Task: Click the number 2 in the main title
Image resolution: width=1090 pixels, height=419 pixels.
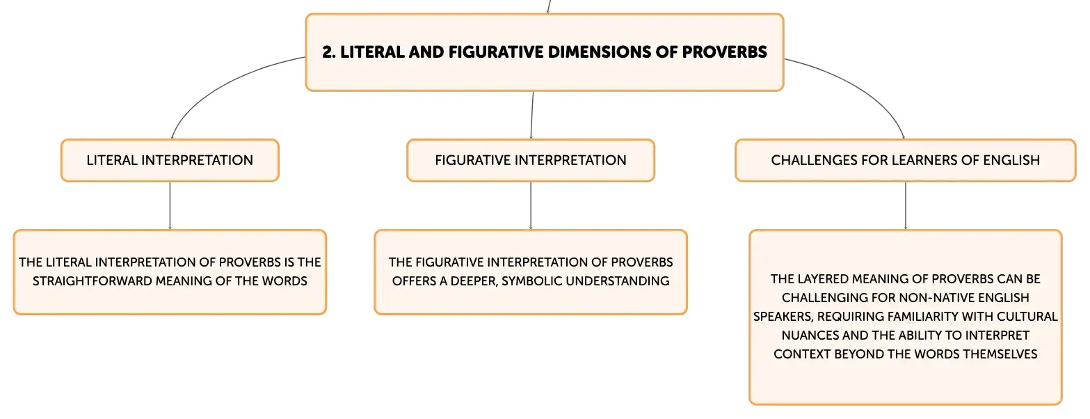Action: point(328,52)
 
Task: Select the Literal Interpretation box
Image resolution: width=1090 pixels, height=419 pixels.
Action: point(170,161)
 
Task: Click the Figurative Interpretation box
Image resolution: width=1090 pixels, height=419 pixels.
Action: point(531,161)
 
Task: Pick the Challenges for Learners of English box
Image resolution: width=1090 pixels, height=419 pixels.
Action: point(906,161)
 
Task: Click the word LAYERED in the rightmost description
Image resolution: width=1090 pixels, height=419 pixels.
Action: point(821,279)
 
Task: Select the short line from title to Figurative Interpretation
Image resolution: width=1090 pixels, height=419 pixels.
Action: point(532,116)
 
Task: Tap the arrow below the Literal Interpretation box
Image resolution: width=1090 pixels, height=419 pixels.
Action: point(170,205)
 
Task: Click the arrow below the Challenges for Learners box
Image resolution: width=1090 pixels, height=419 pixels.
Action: point(906,205)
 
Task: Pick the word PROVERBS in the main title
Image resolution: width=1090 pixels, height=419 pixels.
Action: point(725,52)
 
